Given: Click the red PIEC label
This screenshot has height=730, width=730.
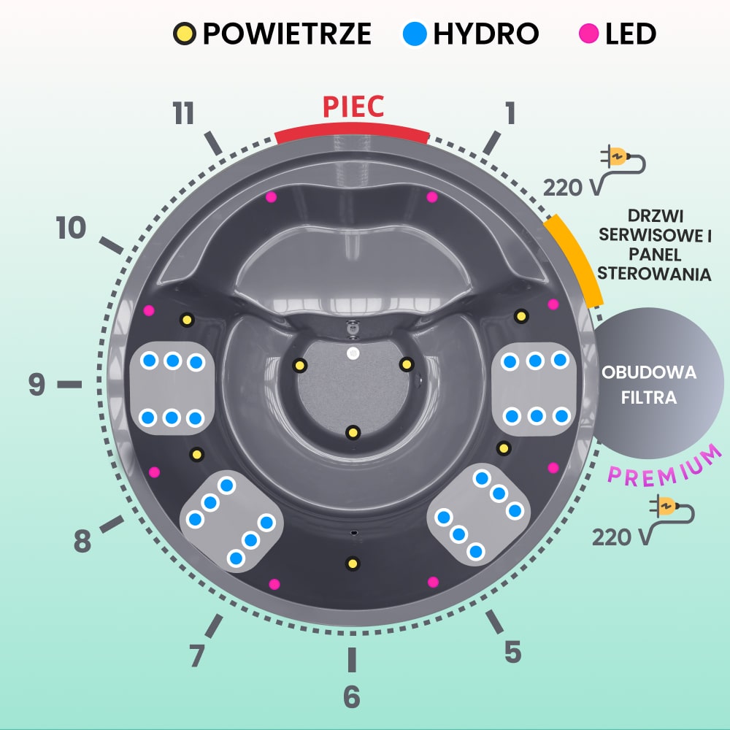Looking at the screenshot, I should click(x=353, y=107).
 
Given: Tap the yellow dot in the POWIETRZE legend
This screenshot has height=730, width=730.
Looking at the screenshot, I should click(x=185, y=34).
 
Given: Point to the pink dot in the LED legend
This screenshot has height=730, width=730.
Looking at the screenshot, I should click(x=588, y=34).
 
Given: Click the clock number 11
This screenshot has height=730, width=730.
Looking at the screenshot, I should click(x=184, y=114).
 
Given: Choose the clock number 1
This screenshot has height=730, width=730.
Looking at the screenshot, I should click(x=510, y=114).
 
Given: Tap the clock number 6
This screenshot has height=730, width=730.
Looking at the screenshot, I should click(x=352, y=697).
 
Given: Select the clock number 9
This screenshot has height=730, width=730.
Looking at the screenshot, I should click(x=37, y=385).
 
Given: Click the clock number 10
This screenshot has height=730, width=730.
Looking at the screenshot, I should click(x=71, y=229).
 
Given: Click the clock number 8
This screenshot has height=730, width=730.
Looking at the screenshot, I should click(x=82, y=542).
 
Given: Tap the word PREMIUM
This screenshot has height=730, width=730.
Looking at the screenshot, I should click(x=664, y=465).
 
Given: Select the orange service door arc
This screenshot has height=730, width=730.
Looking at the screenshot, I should click(x=577, y=259).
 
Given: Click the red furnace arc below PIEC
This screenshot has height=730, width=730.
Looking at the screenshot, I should click(x=353, y=132).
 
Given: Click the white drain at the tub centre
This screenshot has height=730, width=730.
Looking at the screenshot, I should click(x=353, y=353).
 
